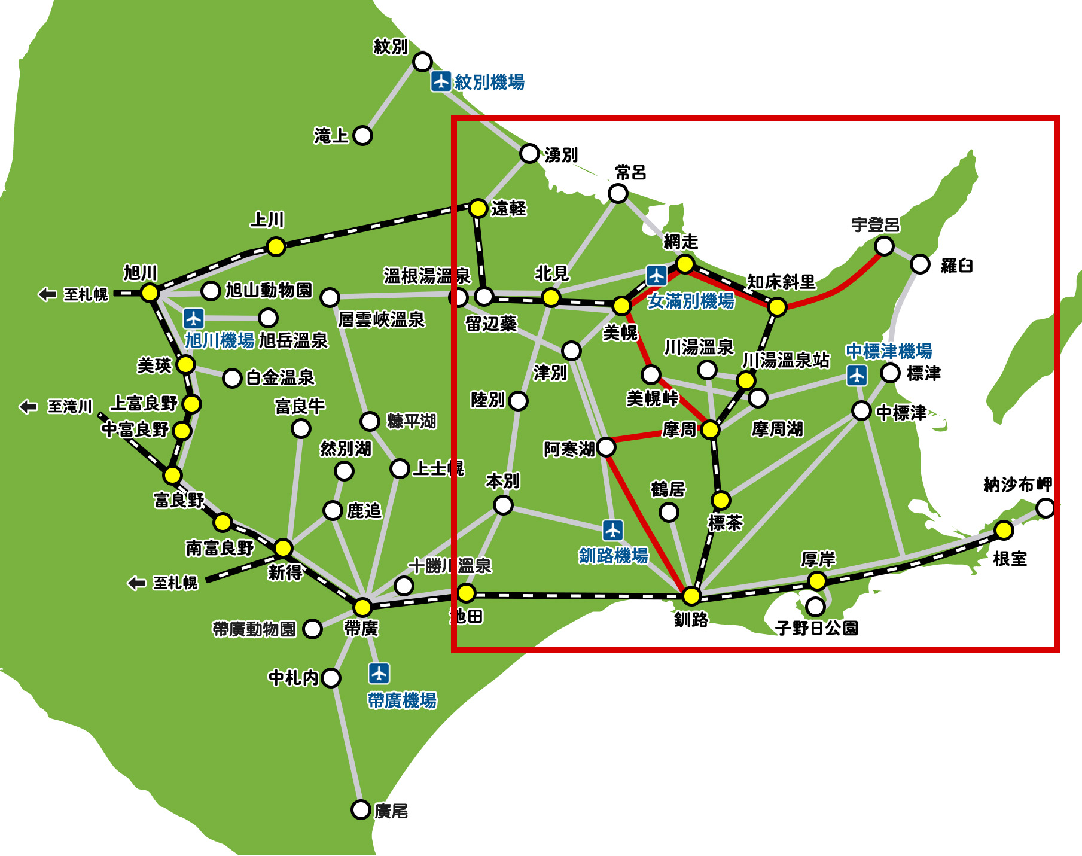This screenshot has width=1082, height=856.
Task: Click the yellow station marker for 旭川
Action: point(150,293)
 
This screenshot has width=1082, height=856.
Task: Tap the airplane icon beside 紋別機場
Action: point(441,81)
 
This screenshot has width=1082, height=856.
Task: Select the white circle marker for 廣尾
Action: point(361,809)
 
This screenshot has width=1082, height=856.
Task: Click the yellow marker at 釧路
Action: point(691,596)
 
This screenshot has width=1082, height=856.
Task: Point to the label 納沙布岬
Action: point(1017,485)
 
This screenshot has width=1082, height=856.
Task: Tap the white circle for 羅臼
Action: point(920,264)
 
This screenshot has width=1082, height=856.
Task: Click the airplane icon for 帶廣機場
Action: point(379,673)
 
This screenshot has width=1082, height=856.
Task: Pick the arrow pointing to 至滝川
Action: point(28,407)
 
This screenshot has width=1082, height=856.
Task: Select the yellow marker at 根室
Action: point(1004,530)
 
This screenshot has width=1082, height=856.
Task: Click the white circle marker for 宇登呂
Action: point(884,246)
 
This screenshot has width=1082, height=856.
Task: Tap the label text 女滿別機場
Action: point(691,301)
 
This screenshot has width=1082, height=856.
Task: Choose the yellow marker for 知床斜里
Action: point(776,307)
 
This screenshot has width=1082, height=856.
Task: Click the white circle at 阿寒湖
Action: point(606,446)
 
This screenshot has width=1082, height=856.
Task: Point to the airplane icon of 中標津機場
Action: point(857,375)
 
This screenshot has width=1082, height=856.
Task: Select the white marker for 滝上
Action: point(362,135)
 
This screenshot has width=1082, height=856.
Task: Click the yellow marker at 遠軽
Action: point(478,208)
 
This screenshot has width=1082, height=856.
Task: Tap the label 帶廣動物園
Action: point(254,629)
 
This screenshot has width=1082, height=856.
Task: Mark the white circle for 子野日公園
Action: point(815,607)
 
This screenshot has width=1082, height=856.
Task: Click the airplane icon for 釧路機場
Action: point(612,530)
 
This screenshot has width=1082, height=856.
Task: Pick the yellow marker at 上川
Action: point(276,246)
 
